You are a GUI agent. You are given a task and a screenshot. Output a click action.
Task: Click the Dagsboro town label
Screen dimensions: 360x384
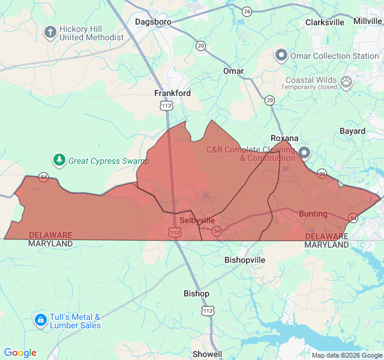(154, 22)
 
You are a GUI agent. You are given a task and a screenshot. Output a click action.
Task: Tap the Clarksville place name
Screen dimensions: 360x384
(325, 22)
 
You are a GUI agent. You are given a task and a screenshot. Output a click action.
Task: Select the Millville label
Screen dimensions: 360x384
(367, 20)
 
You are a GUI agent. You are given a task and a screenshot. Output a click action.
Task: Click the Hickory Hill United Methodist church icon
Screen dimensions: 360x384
(50, 31)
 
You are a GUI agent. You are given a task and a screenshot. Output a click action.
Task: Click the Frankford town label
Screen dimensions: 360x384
(172, 93)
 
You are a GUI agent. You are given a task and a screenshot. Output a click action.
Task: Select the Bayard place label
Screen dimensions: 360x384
(352, 131)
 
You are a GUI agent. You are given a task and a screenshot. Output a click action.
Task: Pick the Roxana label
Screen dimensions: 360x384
(284, 138)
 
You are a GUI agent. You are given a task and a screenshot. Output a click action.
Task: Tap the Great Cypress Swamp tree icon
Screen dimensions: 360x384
(59, 160)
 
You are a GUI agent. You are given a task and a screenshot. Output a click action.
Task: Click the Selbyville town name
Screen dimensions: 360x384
(197, 220)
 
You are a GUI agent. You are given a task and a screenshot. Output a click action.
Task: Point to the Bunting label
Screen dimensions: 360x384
(313, 214)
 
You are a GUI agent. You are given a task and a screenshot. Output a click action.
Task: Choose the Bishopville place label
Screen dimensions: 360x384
(244, 260)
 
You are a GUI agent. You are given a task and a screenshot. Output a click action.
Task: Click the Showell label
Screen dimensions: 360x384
(207, 354)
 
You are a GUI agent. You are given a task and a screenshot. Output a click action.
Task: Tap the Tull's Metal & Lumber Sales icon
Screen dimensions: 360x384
(40, 320)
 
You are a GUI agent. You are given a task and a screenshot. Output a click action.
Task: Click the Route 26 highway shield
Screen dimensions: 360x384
(247, 11)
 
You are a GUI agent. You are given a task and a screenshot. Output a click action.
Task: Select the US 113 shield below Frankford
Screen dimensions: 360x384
(166, 106)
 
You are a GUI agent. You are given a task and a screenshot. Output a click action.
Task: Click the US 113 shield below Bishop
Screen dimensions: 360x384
(208, 311)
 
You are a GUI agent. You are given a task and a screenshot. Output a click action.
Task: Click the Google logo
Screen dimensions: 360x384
(20, 353)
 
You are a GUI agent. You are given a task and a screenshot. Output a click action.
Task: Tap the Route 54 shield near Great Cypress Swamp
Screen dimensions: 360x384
(43, 177)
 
